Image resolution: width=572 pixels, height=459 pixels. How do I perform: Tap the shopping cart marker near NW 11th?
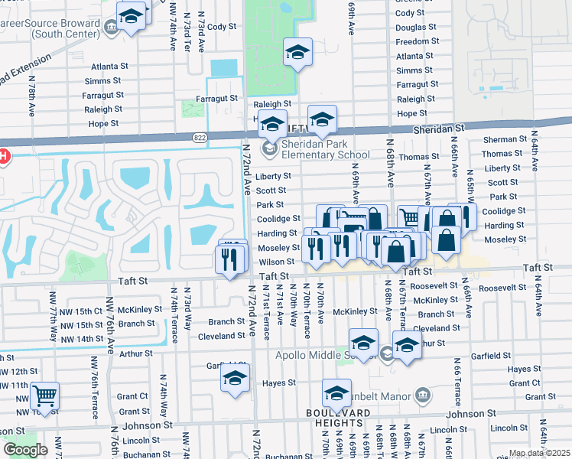[46, 397]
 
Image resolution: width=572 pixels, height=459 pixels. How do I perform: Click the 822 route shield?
[200, 137]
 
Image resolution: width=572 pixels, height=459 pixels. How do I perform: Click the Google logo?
[25, 450]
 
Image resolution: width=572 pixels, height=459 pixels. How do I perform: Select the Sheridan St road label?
[438, 130]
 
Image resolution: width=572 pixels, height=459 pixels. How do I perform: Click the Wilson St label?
[276, 262]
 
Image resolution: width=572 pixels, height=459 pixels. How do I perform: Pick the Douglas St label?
[416, 28]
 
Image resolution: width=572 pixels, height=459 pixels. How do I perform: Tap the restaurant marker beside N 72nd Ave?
[231, 259]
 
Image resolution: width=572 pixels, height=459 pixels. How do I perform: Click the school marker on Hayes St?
[235, 379]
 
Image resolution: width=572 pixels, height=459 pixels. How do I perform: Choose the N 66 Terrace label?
[457, 381]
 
